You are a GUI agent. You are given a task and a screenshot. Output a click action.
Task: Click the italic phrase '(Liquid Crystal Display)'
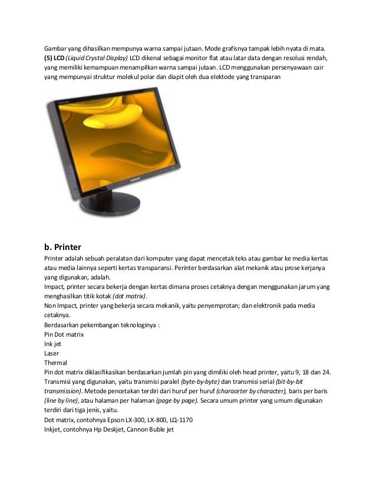click(x=97, y=58)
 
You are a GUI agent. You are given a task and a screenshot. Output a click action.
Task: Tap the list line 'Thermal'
click(x=55, y=362)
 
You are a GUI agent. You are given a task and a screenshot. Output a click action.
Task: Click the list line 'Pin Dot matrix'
click(x=64, y=334)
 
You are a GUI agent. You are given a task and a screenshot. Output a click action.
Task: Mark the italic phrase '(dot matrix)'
click(x=130, y=296)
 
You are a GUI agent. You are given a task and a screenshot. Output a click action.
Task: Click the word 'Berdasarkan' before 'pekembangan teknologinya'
click(x=63, y=324)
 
